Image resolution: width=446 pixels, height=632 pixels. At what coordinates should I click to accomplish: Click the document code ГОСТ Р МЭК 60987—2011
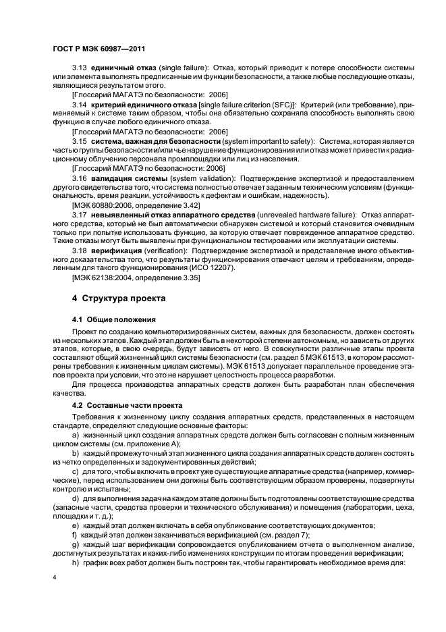pyautogui.click(x=98, y=49)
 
